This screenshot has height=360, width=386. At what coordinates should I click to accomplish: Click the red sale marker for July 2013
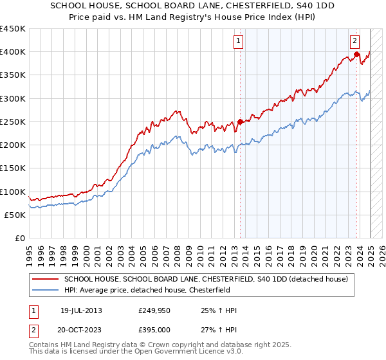click(x=240, y=122)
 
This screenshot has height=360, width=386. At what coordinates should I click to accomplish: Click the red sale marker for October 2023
click(x=356, y=55)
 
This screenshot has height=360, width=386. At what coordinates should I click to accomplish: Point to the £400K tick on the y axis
click(x=12, y=52)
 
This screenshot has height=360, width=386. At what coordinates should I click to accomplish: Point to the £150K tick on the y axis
click(x=12, y=168)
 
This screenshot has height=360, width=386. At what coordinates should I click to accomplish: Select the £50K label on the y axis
click(x=15, y=215)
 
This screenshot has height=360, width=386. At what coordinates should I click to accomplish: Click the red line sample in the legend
click(x=46, y=279)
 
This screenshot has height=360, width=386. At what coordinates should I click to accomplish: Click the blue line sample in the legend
click(x=46, y=290)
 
